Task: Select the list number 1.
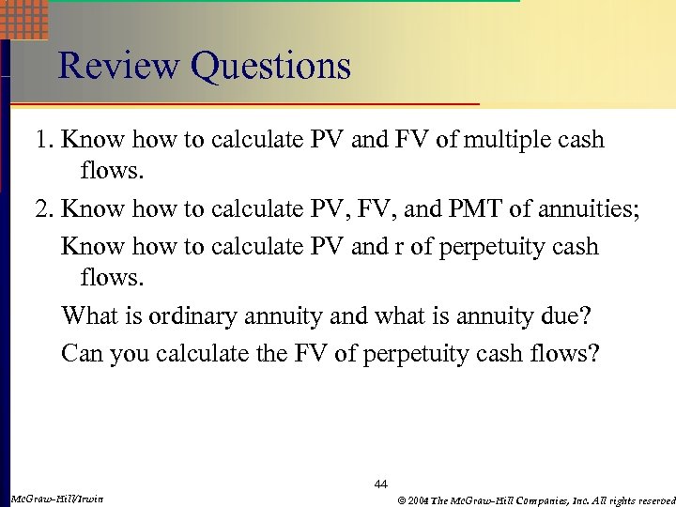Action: [42, 141]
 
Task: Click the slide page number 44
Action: [380, 484]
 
